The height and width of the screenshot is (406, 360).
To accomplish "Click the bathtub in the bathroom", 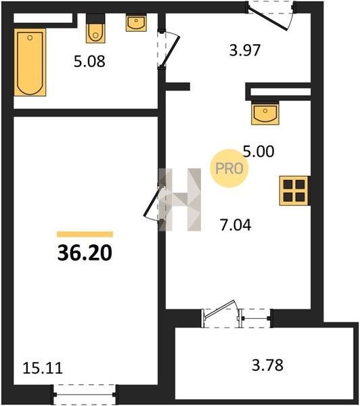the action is [30, 62].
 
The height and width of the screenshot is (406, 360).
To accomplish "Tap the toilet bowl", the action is [95, 28].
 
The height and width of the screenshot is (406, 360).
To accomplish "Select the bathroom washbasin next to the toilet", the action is [136, 23].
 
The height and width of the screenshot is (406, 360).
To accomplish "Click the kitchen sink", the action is [265, 113].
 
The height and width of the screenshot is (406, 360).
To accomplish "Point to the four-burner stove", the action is [294, 191].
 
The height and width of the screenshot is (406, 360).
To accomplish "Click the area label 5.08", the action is [89, 62].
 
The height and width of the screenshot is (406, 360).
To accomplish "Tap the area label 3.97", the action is [245, 50].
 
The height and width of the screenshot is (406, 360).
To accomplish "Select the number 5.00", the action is [258, 152].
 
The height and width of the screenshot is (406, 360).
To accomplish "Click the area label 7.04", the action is [235, 225].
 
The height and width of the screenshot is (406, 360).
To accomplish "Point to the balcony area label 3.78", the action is [267, 365].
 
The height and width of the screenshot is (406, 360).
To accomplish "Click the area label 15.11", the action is [43, 368].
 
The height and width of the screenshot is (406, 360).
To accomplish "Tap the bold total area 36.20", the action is [85, 253].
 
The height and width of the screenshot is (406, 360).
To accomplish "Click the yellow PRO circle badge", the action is [229, 168].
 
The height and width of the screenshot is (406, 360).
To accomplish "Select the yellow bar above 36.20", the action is [85, 234].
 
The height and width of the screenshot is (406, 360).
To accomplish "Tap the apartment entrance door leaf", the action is [267, 20].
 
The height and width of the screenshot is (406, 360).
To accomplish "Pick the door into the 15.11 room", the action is [152, 202].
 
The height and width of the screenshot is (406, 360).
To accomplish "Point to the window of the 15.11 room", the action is [85, 394].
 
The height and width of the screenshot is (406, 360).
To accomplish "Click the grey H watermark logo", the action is [180, 200].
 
